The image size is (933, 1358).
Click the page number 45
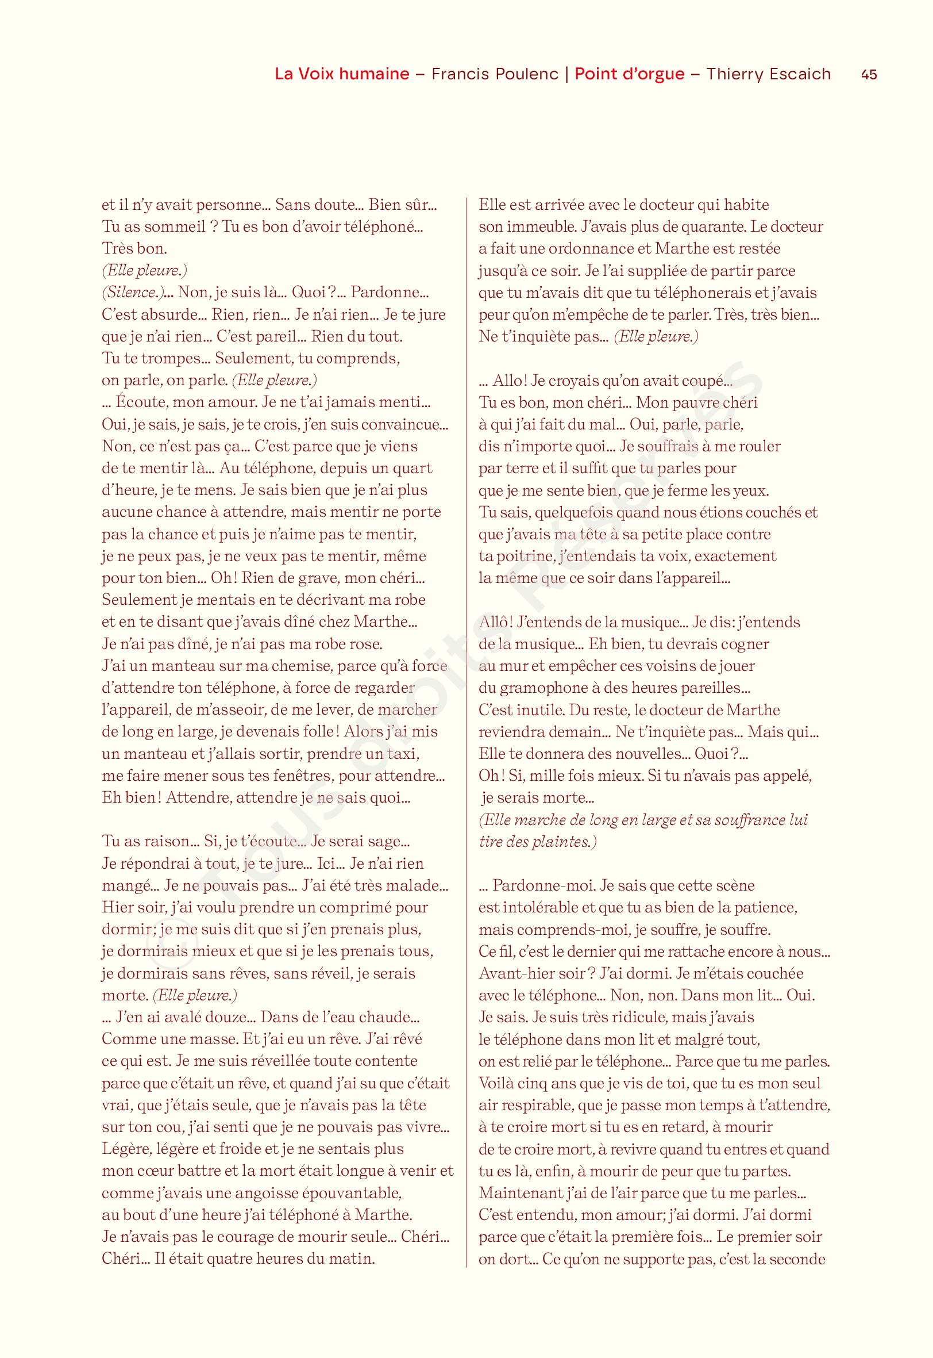coord(869,74)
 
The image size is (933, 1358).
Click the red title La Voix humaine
coord(342,74)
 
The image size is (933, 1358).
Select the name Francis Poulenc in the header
coord(495,74)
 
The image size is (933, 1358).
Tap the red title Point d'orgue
coord(629,74)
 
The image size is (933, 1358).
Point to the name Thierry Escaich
coord(768,74)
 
